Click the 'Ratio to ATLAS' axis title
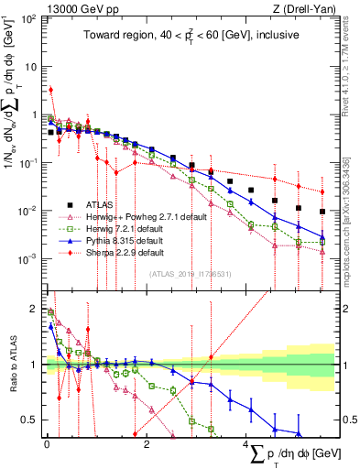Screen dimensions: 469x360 click(14, 364)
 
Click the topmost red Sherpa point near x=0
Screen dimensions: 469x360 click(51, 90)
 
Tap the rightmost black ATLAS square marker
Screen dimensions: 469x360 click(322, 212)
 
